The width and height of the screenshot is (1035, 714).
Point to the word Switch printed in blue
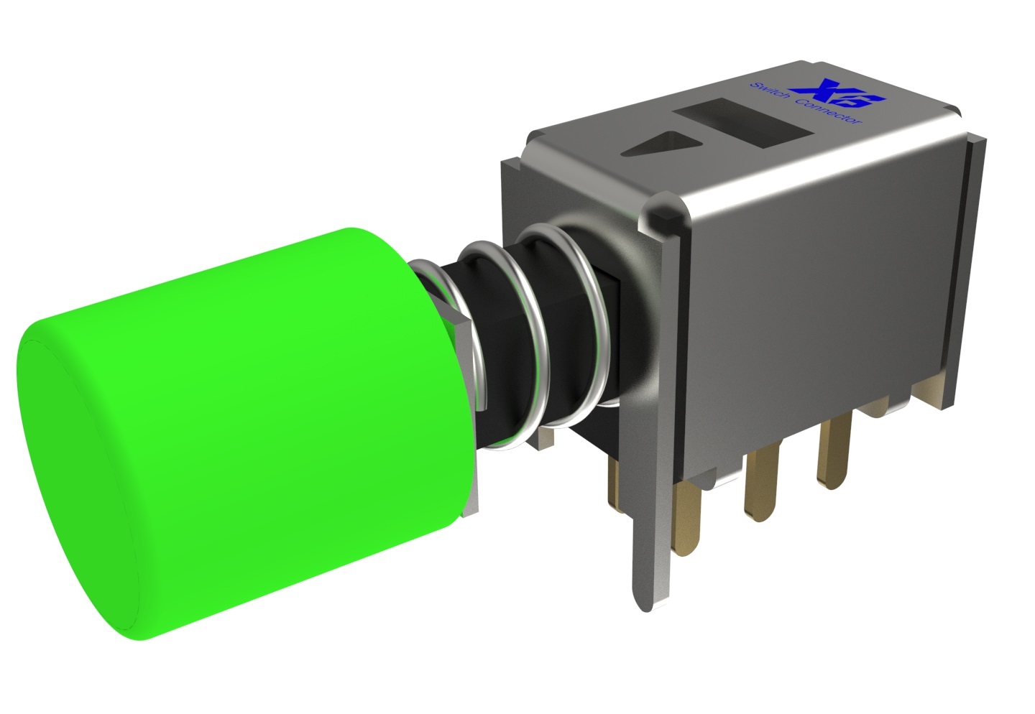(773, 97)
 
